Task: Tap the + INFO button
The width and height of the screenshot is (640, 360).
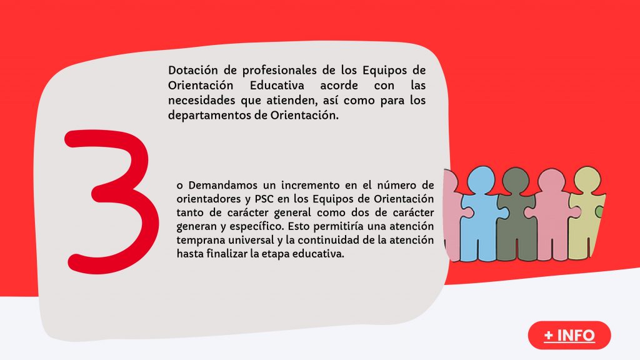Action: coord(569,336)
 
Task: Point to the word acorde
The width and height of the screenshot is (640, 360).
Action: coord(339,85)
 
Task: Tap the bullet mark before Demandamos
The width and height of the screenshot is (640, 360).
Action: coord(179,186)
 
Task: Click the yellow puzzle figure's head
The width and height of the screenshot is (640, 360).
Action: coord(587,179)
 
